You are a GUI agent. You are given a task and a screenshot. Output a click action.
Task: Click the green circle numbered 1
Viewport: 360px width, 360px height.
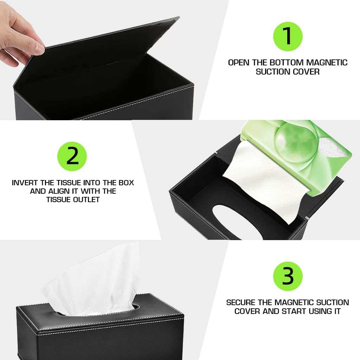288,36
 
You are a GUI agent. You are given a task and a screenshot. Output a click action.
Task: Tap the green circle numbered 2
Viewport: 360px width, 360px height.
72,156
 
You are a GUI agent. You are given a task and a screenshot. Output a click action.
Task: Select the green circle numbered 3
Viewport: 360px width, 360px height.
288,276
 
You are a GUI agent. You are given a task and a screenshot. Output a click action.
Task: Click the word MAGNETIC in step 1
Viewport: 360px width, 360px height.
327,63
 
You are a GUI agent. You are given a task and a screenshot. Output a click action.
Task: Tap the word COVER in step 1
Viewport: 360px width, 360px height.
305,71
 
